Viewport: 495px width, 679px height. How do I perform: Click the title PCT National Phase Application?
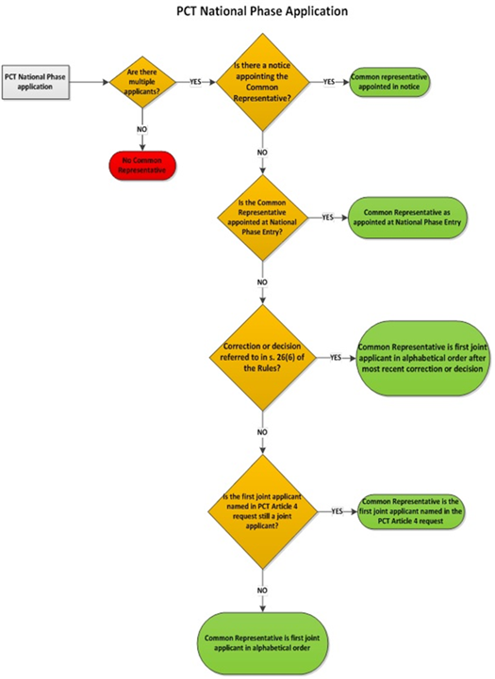pyautogui.click(x=247, y=12)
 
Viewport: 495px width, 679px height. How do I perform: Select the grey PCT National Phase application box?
pyautogui.click(x=37, y=81)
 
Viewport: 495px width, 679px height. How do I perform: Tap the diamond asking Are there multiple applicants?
pyautogui.click(x=140, y=82)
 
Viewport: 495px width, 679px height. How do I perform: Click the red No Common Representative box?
pyautogui.click(x=140, y=166)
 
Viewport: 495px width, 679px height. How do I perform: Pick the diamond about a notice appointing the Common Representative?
pyautogui.click(x=265, y=82)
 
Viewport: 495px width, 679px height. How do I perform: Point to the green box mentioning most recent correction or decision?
pyautogui.click(x=419, y=358)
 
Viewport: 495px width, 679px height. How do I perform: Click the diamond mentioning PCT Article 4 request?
pyautogui.click(x=265, y=510)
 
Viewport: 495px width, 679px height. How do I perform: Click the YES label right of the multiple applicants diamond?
pyautogui.click(x=196, y=82)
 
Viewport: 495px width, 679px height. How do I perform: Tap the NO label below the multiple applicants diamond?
pyautogui.click(x=140, y=129)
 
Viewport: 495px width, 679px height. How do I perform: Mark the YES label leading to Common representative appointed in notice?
pyautogui.click(x=329, y=82)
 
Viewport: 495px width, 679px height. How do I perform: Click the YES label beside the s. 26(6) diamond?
pyautogui.click(x=335, y=358)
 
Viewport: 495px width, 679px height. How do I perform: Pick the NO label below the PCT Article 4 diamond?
pyautogui.click(x=265, y=590)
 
